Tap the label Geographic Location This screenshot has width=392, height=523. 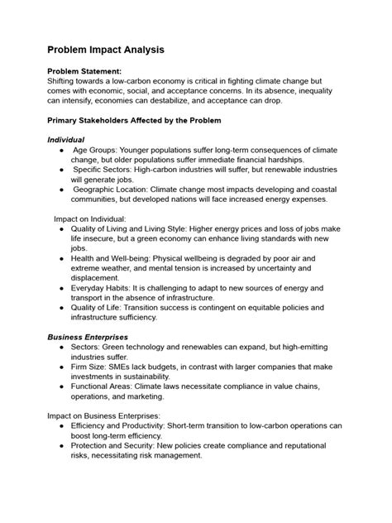coord(115,188)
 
